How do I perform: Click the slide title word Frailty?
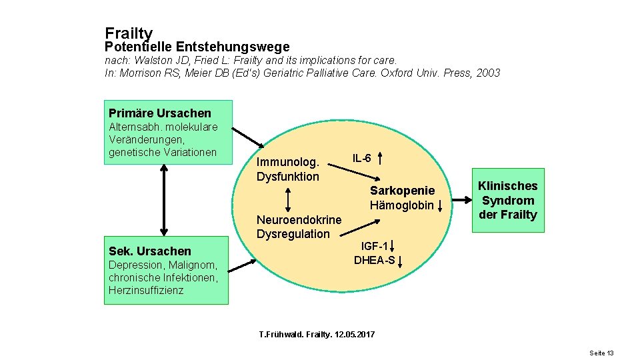[129, 33]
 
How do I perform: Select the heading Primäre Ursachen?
[159, 113]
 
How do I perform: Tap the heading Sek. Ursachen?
[149, 251]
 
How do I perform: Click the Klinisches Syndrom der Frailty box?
[508, 200]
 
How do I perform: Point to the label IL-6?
[362, 158]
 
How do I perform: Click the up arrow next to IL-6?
[379, 159]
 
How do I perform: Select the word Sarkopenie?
[402, 191]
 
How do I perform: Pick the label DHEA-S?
[374, 260]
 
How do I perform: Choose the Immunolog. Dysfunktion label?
[288, 169]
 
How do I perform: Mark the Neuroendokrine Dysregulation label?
[299, 227]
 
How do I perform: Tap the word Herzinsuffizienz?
[146, 290]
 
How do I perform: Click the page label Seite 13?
[601, 353]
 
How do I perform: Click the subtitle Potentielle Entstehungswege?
[197, 47]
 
